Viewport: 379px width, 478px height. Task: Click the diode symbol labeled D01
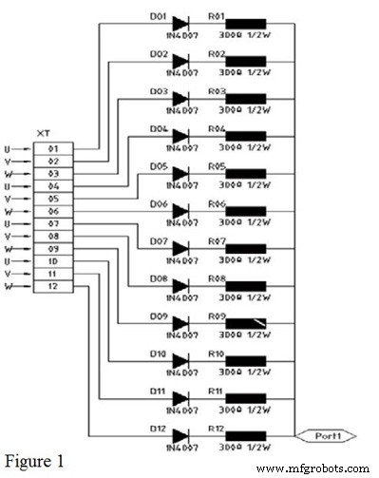(180, 25)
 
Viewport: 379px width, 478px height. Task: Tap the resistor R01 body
(245, 25)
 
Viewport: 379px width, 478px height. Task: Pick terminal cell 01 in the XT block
(53, 149)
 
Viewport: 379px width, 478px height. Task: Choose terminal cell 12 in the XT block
(53, 286)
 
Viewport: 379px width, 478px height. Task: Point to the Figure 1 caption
(34, 461)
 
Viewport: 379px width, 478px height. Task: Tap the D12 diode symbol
(180, 434)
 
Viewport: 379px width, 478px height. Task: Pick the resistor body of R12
(245, 434)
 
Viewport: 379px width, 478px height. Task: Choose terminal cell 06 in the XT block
(53, 211)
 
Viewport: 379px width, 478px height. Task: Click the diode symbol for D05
(180, 174)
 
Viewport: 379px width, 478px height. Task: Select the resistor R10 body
(245, 360)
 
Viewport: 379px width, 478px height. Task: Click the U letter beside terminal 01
(9, 149)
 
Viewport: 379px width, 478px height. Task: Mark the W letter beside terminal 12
(9, 286)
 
